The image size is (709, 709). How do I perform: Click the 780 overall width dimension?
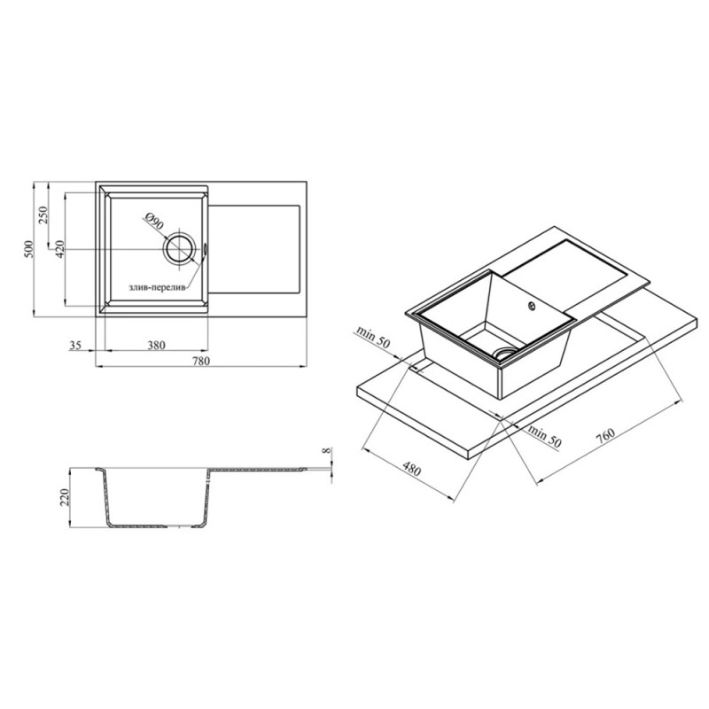tap(201, 361)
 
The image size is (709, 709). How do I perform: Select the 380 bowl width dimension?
tap(157, 345)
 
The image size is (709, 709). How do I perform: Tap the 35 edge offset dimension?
tap(75, 346)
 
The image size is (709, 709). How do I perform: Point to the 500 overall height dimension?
tap(28, 249)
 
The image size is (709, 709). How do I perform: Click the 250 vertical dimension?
tap(43, 215)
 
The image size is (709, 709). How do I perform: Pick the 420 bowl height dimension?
tap(59, 249)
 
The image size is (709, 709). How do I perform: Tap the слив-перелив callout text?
tap(157, 287)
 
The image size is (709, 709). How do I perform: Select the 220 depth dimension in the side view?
tap(64, 497)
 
